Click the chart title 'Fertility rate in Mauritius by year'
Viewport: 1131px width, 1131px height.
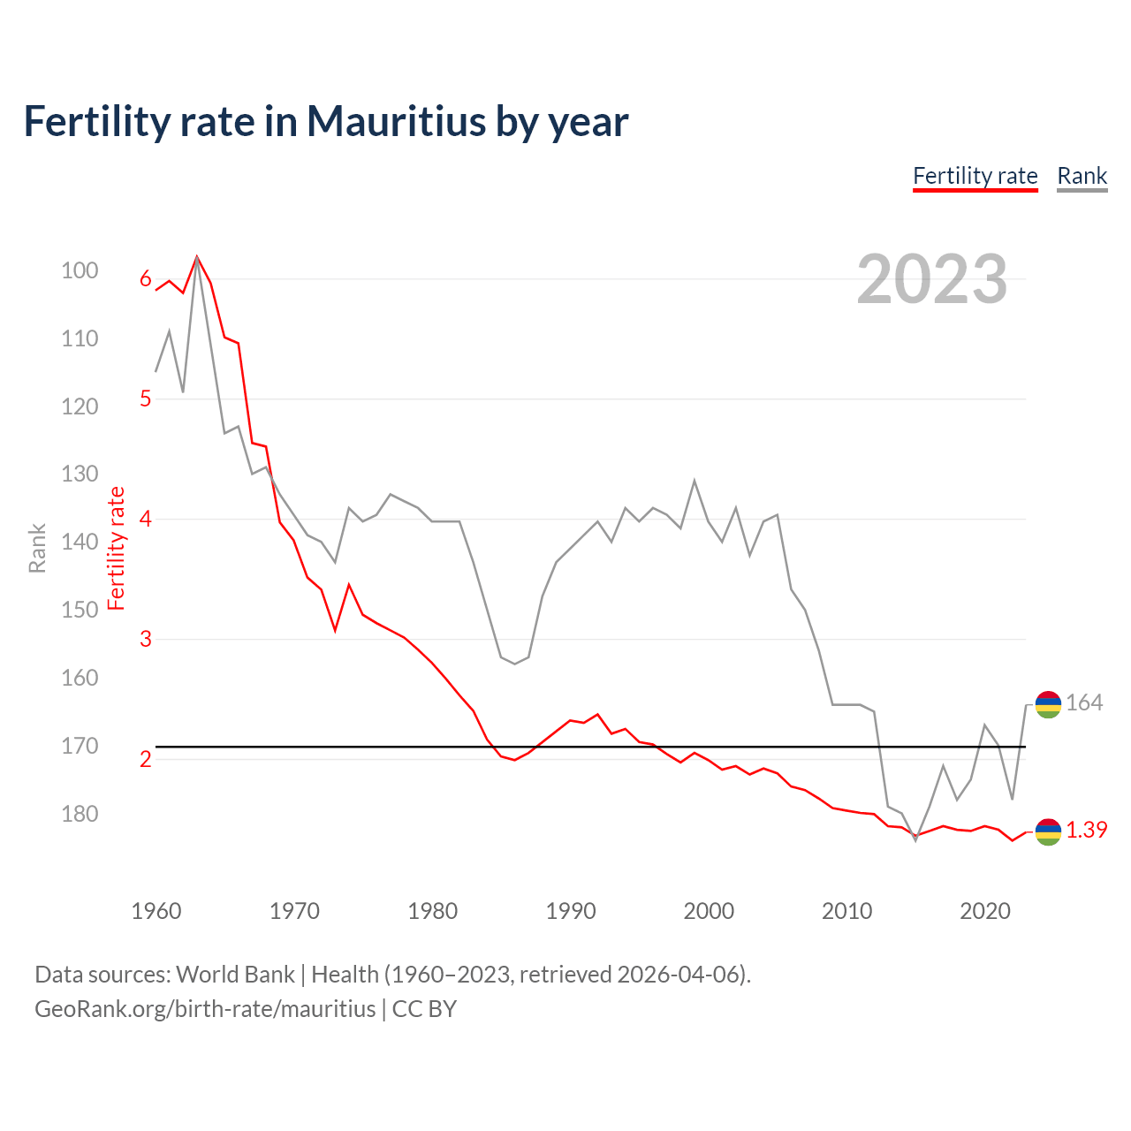coord(325,122)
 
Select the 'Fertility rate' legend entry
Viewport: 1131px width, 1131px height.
coord(975,176)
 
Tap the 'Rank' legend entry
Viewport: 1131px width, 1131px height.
coord(1082,176)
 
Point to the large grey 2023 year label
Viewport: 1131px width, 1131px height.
coord(931,279)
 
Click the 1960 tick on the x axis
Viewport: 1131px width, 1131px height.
coord(156,911)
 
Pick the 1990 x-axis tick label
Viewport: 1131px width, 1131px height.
coord(571,911)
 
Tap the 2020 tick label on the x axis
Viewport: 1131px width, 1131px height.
coord(985,911)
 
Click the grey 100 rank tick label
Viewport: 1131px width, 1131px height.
coord(80,270)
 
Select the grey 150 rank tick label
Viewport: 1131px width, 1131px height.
coord(80,610)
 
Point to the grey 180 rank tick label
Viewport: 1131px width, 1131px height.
coord(80,814)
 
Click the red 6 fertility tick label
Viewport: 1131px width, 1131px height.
coord(146,279)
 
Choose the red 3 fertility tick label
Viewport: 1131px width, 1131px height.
coord(146,639)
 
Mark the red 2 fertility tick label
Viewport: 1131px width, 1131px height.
coord(146,759)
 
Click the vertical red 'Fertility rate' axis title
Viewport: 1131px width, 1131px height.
coord(116,549)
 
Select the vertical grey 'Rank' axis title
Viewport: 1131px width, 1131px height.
coord(37,549)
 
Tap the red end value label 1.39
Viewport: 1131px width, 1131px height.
coord(1086,831)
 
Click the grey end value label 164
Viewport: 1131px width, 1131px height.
coord(1084,703)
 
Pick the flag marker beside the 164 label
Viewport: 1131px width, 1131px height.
coord(1048,704)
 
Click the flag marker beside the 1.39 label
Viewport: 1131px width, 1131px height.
coord(1048,831)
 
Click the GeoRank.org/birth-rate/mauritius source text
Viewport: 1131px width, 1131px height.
coord(205,1009)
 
